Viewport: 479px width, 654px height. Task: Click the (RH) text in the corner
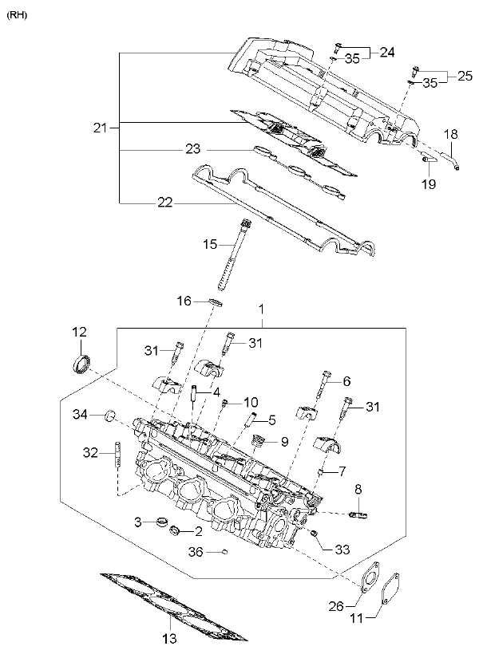17,16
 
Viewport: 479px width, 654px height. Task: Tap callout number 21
101,128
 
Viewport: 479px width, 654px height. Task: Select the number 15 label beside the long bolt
210,244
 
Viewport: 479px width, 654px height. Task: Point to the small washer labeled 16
216,301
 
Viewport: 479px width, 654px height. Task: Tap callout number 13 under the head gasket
169,638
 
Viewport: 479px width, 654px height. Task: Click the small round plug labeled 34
110,416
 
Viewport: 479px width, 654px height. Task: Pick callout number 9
284,442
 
